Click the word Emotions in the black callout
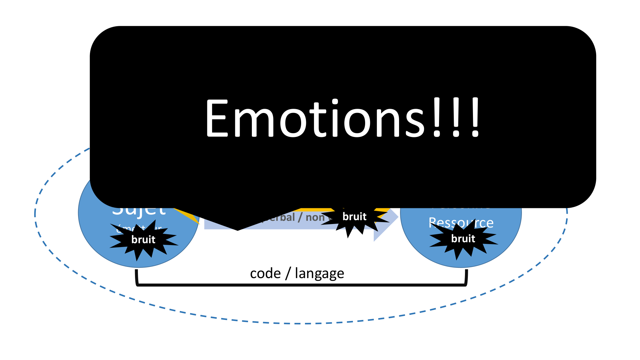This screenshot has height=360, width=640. pos(315,118)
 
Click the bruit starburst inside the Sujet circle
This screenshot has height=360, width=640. pos(143,239)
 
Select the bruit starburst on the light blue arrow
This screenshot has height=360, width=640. pos(354,217)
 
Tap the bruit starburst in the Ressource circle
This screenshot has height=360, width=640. pos(463,239)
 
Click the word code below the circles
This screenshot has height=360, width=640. pos(265,274)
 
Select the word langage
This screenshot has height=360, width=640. pos(319,274)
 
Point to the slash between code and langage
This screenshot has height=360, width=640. pos(288,274)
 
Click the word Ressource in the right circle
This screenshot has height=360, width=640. pos(461,223)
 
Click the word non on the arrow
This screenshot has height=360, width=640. pos(315,218)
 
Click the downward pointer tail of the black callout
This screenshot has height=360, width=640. pos(237,224)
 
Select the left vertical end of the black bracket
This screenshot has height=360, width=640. pos(137,277)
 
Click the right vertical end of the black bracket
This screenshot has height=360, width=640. pos(466,277)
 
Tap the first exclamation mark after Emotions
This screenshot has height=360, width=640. pos(437,118)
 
